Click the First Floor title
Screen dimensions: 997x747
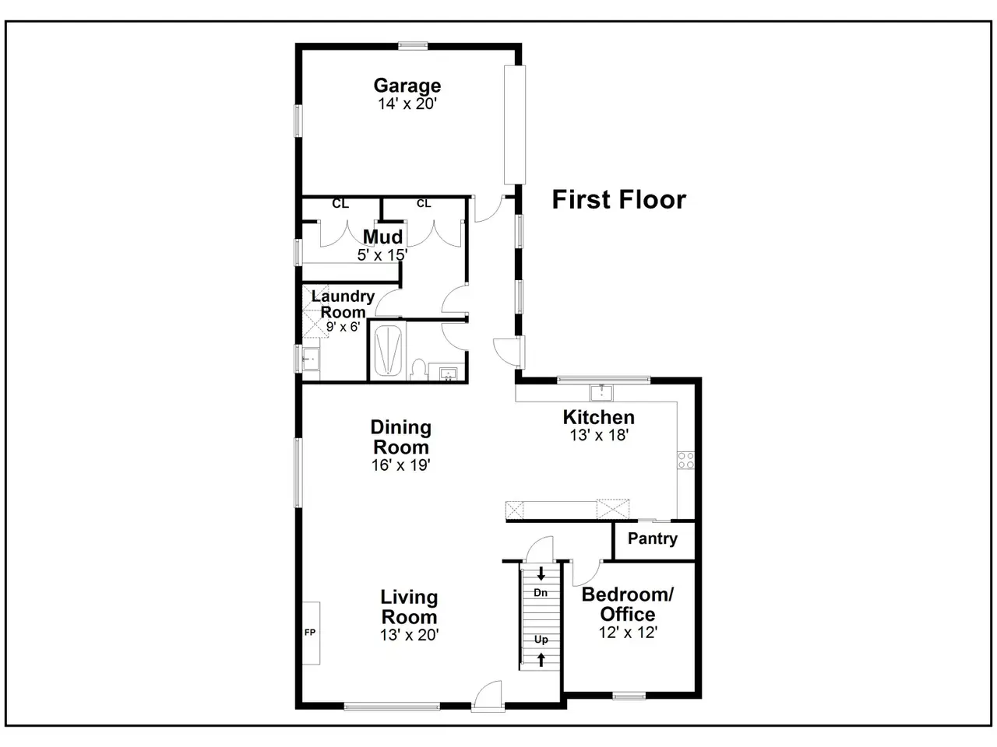pyautogui.click(x=618, y=199)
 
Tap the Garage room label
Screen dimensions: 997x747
pyautogui.click(x=407, y=86)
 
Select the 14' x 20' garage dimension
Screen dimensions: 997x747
pyautogui.click(x=407, y=103)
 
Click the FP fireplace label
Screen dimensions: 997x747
pyautogui.click(x=310, y=633)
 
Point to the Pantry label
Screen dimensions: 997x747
pyautogui.click(x=652, y=538)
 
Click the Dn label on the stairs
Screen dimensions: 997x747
pyautogui.click(x=541, y=593)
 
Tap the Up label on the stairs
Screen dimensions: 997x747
pyautogui.click(x=541, y=640)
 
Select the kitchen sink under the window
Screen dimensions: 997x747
pyautogui.click(x=601, y=393)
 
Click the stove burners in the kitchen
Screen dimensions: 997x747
pyautogui.click(x=685, y=461)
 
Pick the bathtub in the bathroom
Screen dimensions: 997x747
pyautogui.click(x=388, y=352)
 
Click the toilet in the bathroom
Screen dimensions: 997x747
pyautogui.click(x=417, y=370)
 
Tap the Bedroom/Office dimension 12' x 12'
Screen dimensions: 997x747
pyautogui.click(x=628, y=633)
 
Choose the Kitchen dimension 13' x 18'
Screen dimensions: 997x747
pyautogui.click(x=599, y=436)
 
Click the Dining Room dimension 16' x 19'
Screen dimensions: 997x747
pyautogui.click(x=400, y=465)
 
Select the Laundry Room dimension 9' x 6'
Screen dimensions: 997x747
pyautogui.click(x=343, y=327)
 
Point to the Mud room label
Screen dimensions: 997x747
pyautogui.click(x=382, y=237)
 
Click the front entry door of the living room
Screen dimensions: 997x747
pyautogui.click(x=488, y=696)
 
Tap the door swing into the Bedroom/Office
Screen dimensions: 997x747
pyautogui.click(x=586, y=573)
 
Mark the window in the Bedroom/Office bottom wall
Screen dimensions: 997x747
pyautogui.click(x=629, y=696)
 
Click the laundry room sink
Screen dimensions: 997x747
pyautogui.click(x=311, y=359)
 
